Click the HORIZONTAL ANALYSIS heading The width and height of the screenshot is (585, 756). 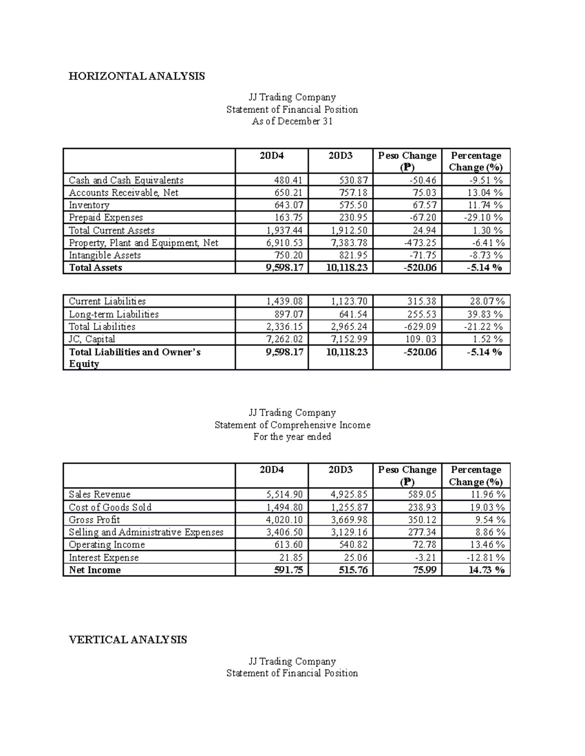coord(136,76)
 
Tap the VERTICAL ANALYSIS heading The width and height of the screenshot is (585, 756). coord(128,640)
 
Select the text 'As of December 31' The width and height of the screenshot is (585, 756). coord(292,121)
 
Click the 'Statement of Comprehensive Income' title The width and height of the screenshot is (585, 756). coord(292,425)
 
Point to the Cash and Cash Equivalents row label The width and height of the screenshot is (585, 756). coord(126,180)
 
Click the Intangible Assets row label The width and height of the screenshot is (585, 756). coord(104,255)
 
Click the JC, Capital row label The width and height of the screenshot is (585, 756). coord(92,339)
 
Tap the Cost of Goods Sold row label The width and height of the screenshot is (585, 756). coord(110,507)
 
